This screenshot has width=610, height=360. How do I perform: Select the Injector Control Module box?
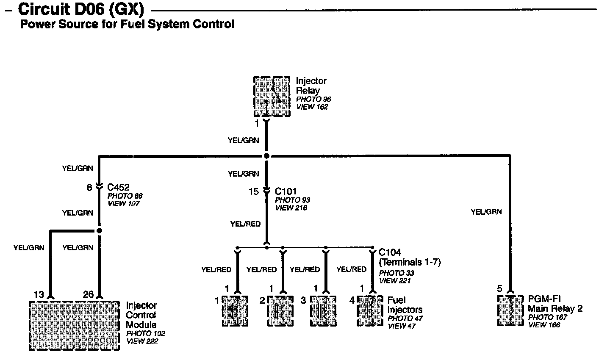point(74,325)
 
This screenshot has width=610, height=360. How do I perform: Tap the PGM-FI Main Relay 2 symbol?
point(511,310)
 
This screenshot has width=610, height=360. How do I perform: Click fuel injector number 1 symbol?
point(235,310)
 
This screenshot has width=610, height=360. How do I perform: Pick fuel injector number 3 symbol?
point(324,310)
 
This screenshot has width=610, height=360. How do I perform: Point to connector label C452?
point(118,187)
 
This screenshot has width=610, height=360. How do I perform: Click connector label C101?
point(286,191)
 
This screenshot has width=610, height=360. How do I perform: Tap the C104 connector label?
point(390,252)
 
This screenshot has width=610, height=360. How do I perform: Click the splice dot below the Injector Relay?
point(266,156)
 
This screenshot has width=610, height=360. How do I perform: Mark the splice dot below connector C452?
point(99,231)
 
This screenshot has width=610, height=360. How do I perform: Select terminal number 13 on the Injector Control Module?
point(39,294)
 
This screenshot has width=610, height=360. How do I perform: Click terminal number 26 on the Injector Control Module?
point(88,294)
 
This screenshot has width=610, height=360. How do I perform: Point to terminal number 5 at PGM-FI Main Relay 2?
point(500,289)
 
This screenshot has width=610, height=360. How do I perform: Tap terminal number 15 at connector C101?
point(253,192)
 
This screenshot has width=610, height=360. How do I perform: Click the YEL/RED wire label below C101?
point(245,224)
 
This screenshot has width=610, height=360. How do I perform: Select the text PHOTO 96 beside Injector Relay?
point(313,100)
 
